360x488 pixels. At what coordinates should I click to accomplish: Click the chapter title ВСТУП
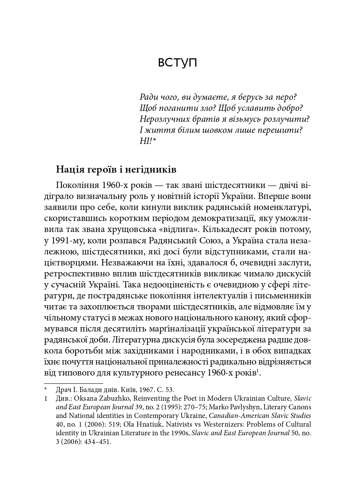point(177,63)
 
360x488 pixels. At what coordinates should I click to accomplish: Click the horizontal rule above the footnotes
point(73,383)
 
